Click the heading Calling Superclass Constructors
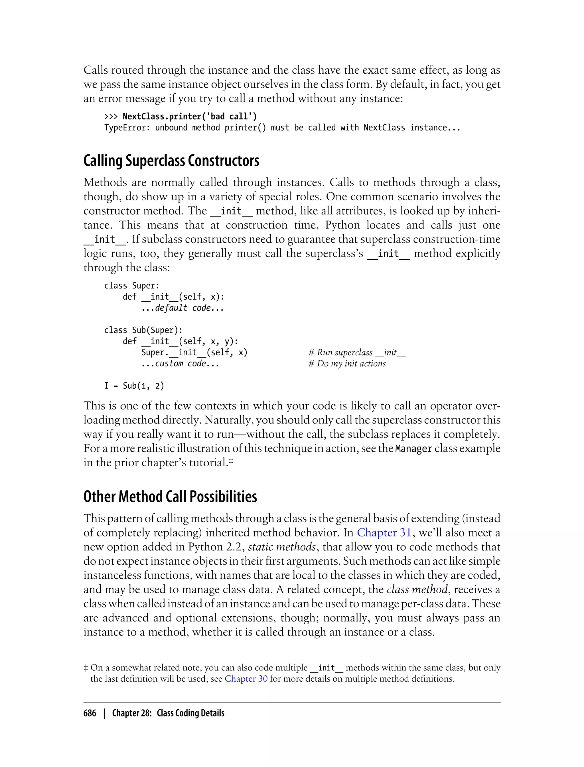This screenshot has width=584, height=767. (171, 161)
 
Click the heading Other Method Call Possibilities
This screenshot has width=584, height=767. (170, 497)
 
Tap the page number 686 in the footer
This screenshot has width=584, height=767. (90, 713)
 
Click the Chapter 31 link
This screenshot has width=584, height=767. (384, 532)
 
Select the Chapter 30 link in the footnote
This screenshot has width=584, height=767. (246, 679)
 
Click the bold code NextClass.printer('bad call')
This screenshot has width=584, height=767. (189, 116)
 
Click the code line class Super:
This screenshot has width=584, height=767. (132, 286)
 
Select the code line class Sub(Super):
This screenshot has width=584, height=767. (143, 330)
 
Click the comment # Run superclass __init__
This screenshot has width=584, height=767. (357, 352)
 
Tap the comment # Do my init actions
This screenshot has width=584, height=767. (347, 364)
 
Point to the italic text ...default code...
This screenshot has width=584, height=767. (182, 308)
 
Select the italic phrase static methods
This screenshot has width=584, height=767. (281, 547)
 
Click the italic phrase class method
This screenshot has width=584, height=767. (417, 590)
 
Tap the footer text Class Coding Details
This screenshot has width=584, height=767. (190, 713)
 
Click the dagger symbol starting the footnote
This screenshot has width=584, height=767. (86, 668)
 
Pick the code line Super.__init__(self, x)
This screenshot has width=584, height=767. (194, 352)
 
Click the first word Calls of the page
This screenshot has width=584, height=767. (96, 70)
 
